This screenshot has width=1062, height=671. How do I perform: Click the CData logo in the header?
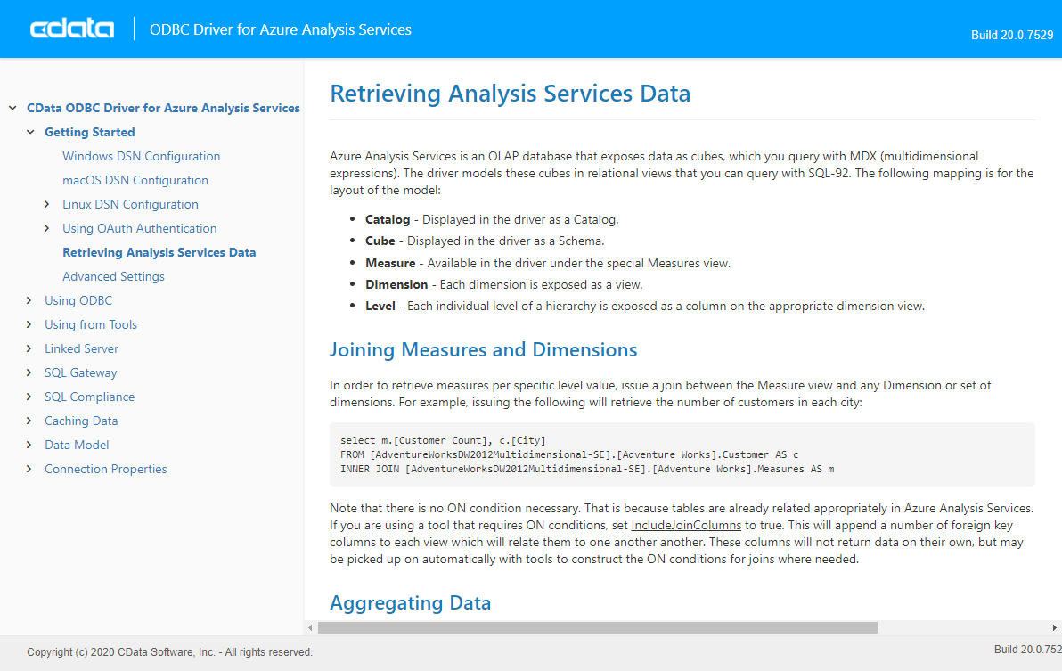point(72,29)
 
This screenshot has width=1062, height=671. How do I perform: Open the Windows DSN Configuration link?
point(141,156)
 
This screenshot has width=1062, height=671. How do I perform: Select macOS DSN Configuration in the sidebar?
point(135,180)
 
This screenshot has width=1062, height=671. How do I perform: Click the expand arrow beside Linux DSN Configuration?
point(47,204)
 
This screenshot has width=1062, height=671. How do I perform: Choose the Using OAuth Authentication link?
point(139,228)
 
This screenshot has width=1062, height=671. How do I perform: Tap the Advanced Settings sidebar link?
point(113,276)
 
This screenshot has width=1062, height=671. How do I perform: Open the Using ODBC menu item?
point(78,300)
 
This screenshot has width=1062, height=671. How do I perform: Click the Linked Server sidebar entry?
point(81,348)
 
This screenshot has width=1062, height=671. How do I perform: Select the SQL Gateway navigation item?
point(80,372)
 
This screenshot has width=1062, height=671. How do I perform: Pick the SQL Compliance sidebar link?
point(89,397)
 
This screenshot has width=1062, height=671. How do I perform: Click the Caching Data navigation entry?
point(81,421)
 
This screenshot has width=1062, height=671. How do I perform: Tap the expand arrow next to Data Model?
point(29,445)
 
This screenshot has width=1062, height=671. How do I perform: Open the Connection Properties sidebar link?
point(105,469)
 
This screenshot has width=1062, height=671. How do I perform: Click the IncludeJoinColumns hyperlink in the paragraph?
point(686,525)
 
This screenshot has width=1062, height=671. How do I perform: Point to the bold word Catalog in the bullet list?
point(388,219)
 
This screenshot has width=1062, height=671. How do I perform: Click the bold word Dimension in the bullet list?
point(396,284)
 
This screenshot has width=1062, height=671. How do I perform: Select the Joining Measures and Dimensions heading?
point(483,349)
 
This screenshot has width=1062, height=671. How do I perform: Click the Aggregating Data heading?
point(410,603)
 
